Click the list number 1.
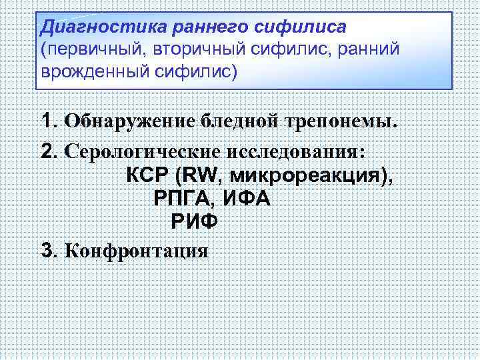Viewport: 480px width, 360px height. tap(47, 122)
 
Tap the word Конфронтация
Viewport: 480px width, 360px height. tap(136, 251)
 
